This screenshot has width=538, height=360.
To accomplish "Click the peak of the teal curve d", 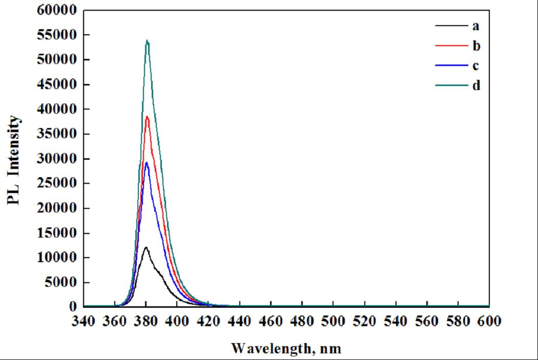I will [147, 40].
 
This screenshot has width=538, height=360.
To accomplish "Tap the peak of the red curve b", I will [147, 117].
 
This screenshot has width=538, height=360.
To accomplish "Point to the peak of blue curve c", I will [147, 163].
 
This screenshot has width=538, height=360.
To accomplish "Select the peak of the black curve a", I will [146, 247].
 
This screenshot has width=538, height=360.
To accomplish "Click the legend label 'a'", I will [476, 25].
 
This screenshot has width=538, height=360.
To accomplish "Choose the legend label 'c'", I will [476, 66].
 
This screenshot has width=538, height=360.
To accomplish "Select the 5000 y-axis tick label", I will [61, 283].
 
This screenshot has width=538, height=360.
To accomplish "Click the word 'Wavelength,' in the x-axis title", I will [270, 349].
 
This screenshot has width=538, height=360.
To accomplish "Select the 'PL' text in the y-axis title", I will [14, 196].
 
